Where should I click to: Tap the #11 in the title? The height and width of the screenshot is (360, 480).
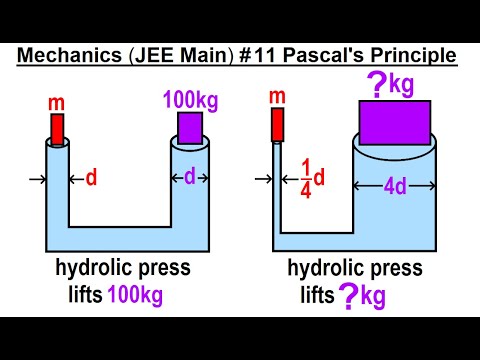point(251,55)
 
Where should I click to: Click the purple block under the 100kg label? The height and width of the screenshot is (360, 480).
point(190,128)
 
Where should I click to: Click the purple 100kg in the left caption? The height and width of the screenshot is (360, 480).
point(135,295)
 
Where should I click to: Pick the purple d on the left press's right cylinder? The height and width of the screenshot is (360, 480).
point(189,177)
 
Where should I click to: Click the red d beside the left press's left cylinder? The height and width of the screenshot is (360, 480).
point(90,179)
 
